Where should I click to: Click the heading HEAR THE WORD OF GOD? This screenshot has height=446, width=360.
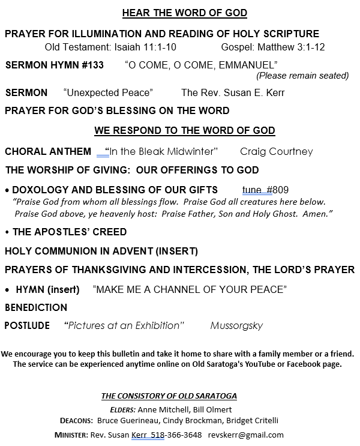tap(185, 13)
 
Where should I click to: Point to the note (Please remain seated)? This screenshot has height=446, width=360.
tap(302, 76)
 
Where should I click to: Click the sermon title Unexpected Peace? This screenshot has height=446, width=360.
tap(108, 92)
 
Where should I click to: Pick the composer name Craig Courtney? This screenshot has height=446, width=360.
tap(277, 151)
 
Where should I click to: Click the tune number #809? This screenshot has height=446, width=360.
tap(278, 190)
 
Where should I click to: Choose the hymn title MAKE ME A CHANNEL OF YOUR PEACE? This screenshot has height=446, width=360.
tap(190, 289)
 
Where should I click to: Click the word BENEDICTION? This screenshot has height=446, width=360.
tap(36, 308)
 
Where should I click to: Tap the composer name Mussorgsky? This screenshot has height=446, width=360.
tap(236, 326)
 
